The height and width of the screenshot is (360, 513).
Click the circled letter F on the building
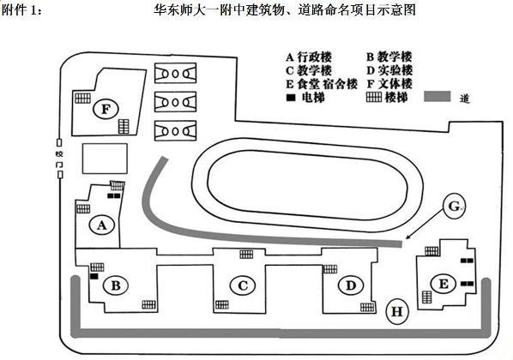pos(106,109)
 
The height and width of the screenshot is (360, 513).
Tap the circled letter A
pos(102,225)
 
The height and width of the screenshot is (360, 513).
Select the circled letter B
pos(116,285)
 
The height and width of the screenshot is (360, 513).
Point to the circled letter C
pos(243,285)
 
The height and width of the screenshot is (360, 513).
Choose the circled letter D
pos(350,285)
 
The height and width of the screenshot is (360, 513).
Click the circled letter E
pos(443,284)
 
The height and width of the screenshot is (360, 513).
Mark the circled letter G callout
pos(454,207)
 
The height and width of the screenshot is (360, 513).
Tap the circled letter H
pos(397,311)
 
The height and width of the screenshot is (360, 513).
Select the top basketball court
pos(175,73)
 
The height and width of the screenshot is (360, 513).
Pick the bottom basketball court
pos(175,130)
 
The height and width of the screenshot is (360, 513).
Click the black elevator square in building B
pos(94,276)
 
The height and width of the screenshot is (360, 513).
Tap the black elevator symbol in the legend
pos(291,98)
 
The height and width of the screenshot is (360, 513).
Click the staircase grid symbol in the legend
pos(374,97)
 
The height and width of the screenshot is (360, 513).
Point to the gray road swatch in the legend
pos(438,97)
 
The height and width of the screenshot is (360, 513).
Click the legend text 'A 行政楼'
pos(309,57)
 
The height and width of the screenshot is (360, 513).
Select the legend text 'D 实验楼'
pos(389,70)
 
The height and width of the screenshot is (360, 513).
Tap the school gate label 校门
pos(59,159)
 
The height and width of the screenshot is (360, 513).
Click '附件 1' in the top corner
pos(22,9)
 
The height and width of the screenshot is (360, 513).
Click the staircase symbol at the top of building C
pos(246,254)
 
